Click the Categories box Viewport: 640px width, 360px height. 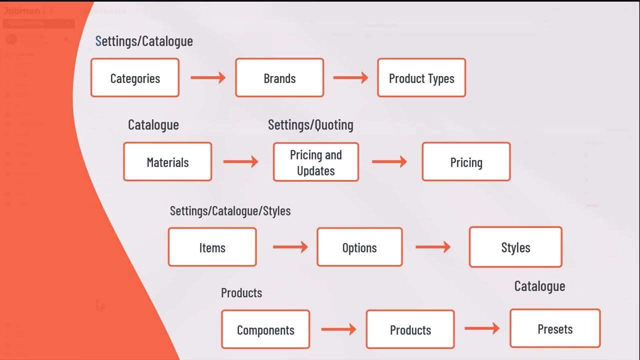pyautogui.click(x=135, y=78)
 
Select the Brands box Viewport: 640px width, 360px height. pyautogui.click(x=279, y=78)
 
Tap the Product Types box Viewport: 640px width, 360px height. pyautogui.click(x=421, y=78)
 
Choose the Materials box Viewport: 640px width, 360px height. pyautogui.click(x=167, y=162)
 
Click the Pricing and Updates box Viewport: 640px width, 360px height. pyautogui.click(x=316, y=162)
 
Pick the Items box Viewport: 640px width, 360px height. pyautogui.click(x=212, y=247)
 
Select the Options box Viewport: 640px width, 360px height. pyautogui.click(x=359, y=247)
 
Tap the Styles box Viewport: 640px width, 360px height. pyautogui.click(x=515, y=247)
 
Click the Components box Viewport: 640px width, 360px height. pyautogui.click(x=265, y=329)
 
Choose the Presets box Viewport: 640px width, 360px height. pyautogui.click(x=555, y=328)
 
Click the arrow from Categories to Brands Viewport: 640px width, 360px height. pyautogui.click(x=208, y=77)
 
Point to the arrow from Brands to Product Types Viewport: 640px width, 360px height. pyautogui.click(x=350, y=77)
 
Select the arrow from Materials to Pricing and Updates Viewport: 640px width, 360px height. pyautogui.click(x=240, y=161)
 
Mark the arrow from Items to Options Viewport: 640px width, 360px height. pyautogui.click(x=290, y=247)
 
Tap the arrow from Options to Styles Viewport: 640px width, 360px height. pyautogui.click(x=432, y=247)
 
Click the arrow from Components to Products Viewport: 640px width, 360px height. pyautogui.click(x=338, y=329)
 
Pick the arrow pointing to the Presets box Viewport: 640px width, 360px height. pyautogui.click(x=482, y=328)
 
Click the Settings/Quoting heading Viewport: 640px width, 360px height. pyautogui.click(x=310, y=125)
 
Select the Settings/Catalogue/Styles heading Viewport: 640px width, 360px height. pyautogui.click(x=230, y=211)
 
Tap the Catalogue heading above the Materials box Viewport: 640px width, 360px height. pyautogui.click(x=153, y=125)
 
